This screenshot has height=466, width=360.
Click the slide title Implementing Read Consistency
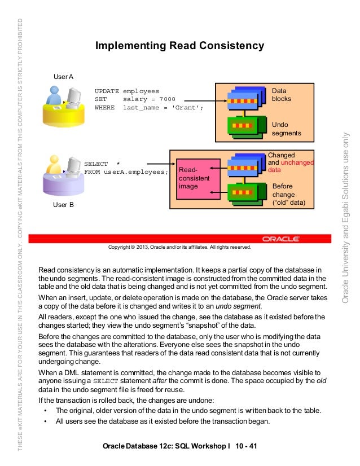click(179, 45)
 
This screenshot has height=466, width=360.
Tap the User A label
click(63, 76)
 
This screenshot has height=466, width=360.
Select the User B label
click(63, 205)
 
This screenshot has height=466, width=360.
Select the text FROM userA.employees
click(126, 172)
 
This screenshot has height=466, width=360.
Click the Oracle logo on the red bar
click(280, 239)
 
